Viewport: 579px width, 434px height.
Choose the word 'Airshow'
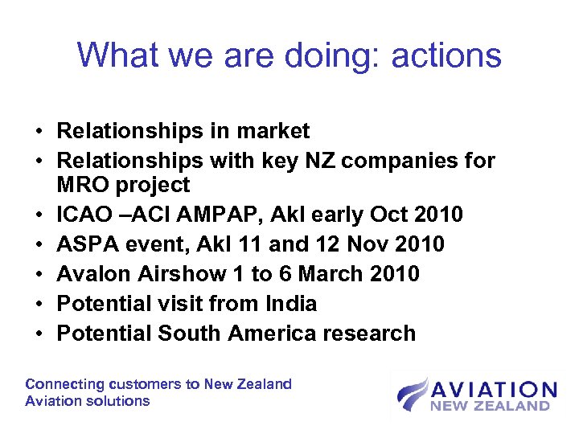tap(177, 274)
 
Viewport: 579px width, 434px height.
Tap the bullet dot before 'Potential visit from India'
tap(39, 305)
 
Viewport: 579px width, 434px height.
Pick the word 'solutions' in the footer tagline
tap(120, 400)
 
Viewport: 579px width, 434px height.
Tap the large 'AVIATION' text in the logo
tap(493, 390)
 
